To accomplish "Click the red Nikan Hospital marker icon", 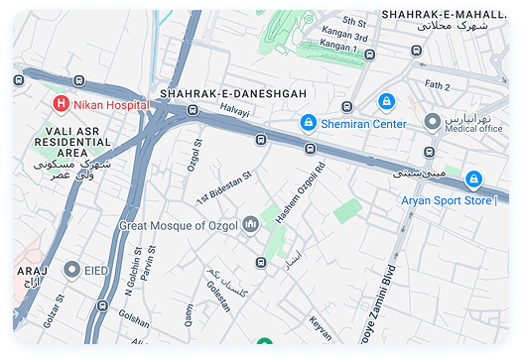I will pos(62,104).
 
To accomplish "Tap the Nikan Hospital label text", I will pos(110,104).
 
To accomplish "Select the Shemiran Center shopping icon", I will pos(309,124).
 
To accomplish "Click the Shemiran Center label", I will pos(362,124).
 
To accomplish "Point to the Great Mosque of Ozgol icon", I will pos(251,225).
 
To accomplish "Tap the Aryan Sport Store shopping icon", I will pos(474,180).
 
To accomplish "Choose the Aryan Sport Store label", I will pos(447,200).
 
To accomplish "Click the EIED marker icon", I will pos(72,269).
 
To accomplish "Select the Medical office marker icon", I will pos(432,121).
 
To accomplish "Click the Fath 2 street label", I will pos(437,86).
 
